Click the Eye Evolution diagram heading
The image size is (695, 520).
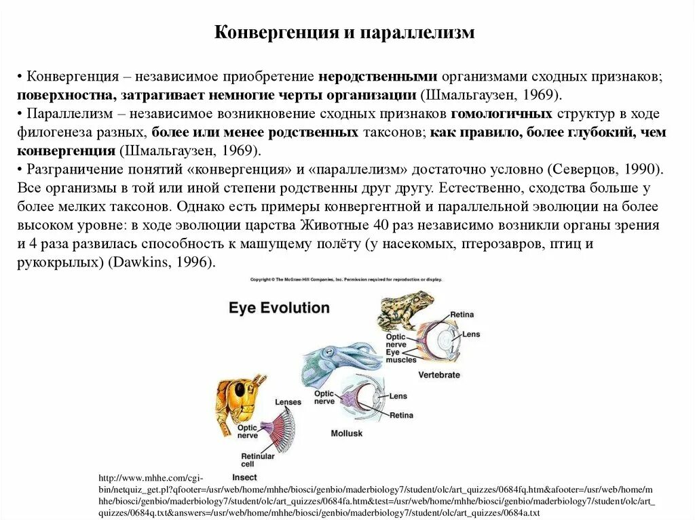279,308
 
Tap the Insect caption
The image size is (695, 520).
244,477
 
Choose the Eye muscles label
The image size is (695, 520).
400,356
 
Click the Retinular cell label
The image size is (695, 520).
258,460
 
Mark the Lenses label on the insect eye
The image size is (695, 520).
288,402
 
